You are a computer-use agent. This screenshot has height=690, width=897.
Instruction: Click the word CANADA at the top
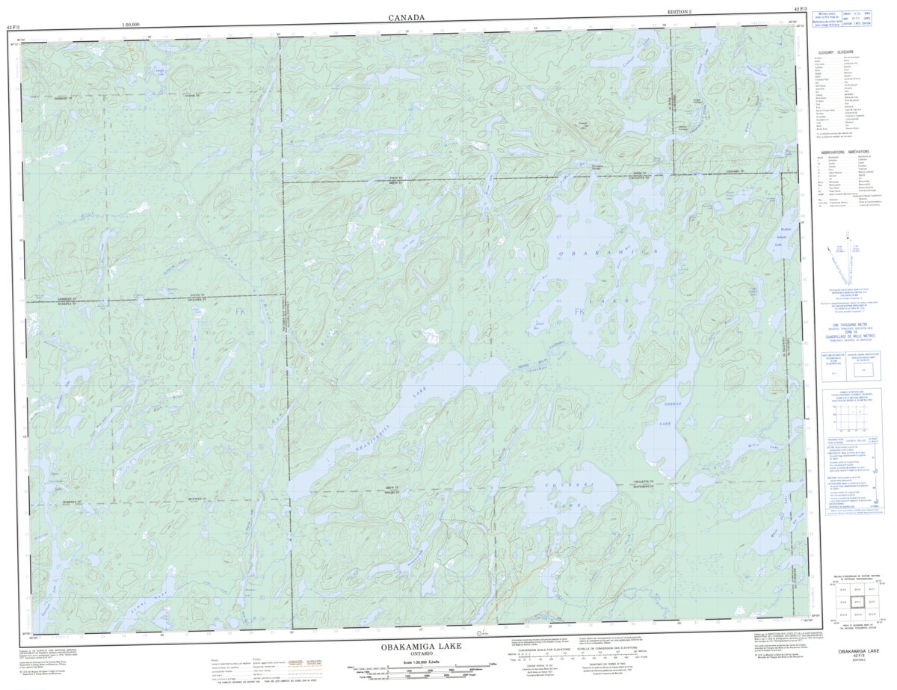click(x=407, y=17)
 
